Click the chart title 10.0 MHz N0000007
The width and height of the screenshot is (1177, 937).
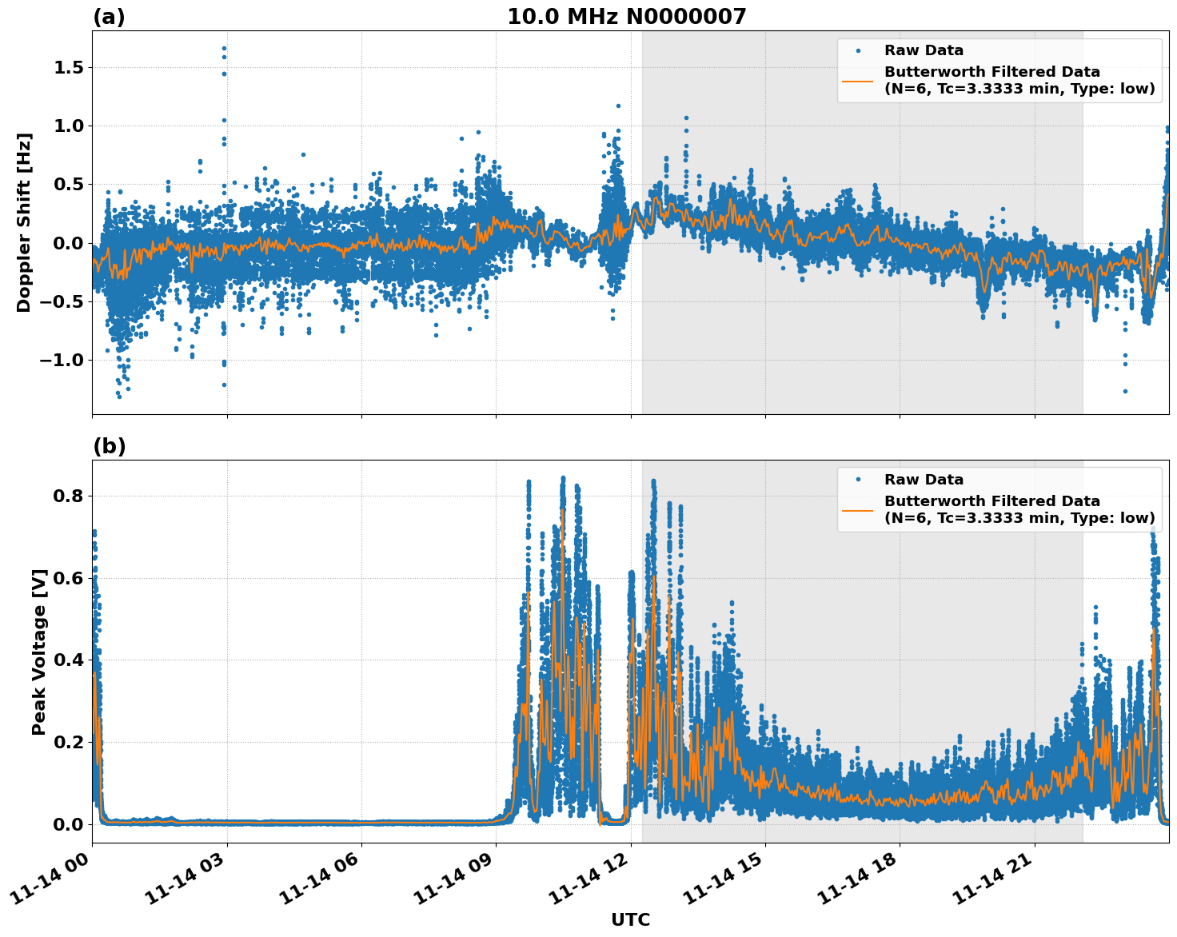coord(626,17)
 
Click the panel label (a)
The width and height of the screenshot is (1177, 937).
coord(109,17)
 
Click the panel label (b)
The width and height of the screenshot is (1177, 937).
coord(109,446)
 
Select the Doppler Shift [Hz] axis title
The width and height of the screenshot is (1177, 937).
coord(24,222)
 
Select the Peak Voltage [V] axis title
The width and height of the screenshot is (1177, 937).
coord(39,652)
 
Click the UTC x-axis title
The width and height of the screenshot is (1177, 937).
coord(630,920)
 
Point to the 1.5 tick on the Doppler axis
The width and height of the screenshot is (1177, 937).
coord(69,68)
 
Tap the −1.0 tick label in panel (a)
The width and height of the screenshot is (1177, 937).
coord(62,360)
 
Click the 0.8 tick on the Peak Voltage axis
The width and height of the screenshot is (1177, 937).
coord(69,496)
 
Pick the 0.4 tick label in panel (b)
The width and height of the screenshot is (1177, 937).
coord(69,660)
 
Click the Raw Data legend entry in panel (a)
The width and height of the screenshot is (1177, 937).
coord(924,51)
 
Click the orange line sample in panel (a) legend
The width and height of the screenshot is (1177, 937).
coord(857,80)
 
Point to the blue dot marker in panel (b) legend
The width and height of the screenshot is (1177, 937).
coord(857,480)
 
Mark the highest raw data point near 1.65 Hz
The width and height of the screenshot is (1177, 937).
coord(224,48)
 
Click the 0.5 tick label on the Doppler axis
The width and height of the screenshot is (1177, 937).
coord(69,185)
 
